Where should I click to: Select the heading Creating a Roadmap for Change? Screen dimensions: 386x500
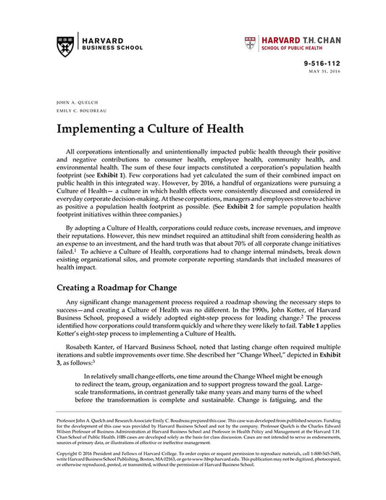tap(117, 287)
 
